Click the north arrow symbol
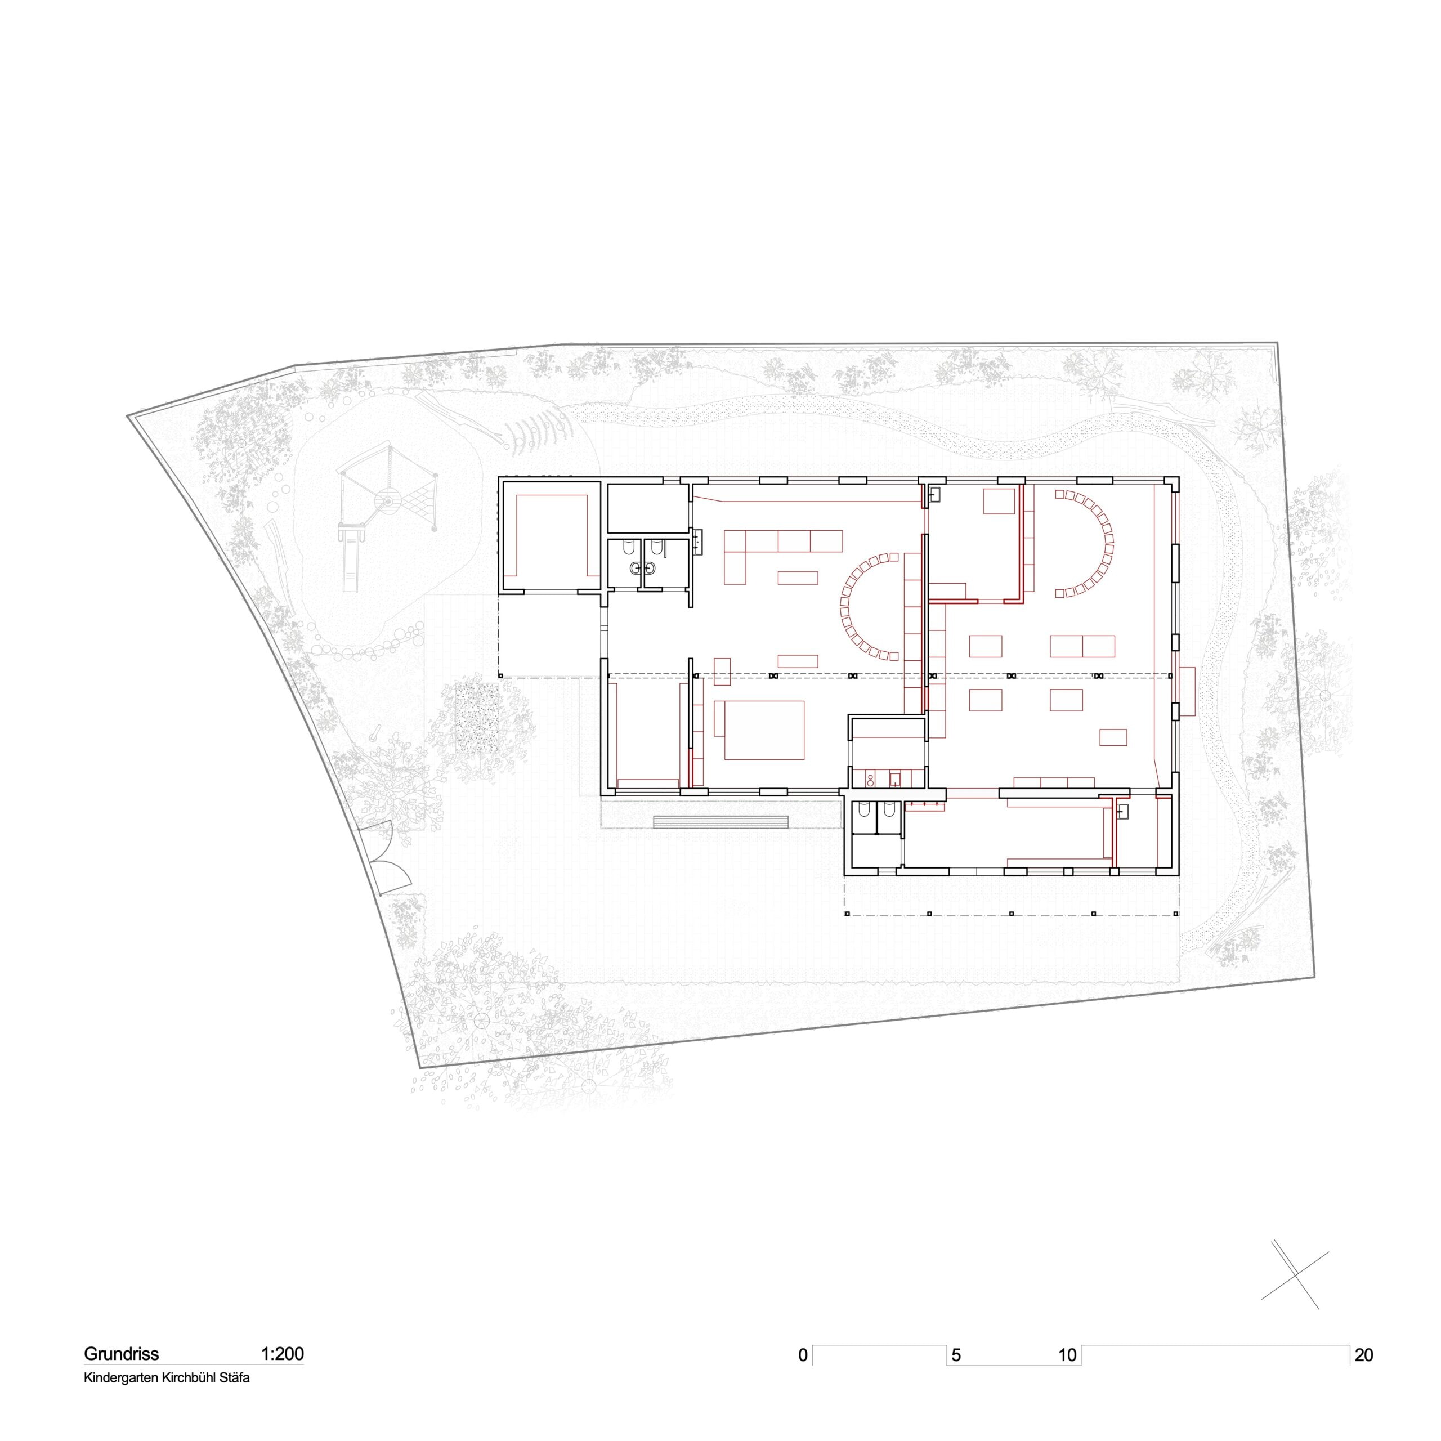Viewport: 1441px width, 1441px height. pos(1299,1281)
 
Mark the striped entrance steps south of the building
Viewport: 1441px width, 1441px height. pos(721,821)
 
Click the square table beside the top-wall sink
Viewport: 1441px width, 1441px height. pos(999,501)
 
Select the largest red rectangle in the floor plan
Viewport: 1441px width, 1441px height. pos(760,730)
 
